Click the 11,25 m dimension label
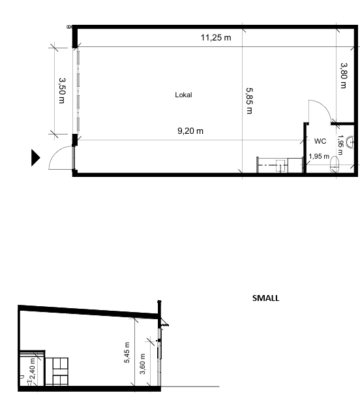click(216, 38)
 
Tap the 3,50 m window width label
click(62, 91)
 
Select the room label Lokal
click(183, 95)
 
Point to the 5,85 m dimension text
click(249, 101)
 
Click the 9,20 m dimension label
click(190, 131)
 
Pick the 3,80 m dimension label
click(344, 76)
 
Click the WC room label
click(320, 141)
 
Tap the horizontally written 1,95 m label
click(319, 157)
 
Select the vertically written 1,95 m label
click(340, 145)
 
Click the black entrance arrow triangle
click(35, 157)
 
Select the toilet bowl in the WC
click(334, 164)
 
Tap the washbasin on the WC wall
click(350, 142)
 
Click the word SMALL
click(265, 298)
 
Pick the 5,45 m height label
click(127, 352)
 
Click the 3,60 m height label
click(142, 364)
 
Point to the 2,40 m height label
click(33, 369)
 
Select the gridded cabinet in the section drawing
click(57, 371)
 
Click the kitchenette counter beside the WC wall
click(280, 165)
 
